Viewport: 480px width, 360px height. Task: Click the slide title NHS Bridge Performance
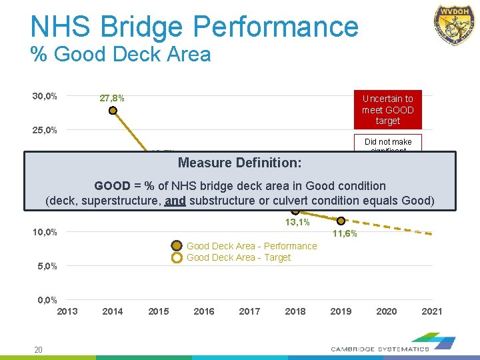pos(194,27)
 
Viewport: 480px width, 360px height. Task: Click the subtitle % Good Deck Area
pos(121,54)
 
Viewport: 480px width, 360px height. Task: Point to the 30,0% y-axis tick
pos(45,96)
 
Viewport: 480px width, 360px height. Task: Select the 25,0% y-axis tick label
pos(45,129)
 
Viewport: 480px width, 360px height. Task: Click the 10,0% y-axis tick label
pos(45,232)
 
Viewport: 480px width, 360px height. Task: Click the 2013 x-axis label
pos(67,311)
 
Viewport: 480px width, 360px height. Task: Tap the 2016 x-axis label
pos(204,311)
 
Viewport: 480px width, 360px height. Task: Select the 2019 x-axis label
pos(341,311)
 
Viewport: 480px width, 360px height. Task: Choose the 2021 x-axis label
pos(431,311)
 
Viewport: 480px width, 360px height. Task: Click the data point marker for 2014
pos(113,110)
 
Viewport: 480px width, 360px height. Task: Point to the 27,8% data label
pos(112,99)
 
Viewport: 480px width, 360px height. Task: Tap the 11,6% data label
pos(345,234)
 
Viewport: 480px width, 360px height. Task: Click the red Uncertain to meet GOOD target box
pos(387,109)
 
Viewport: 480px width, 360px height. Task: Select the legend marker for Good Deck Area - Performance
pos(177,246)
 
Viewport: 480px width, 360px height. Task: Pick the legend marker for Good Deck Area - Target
pos(177,258)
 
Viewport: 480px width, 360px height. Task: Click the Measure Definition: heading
pos(239,163)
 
